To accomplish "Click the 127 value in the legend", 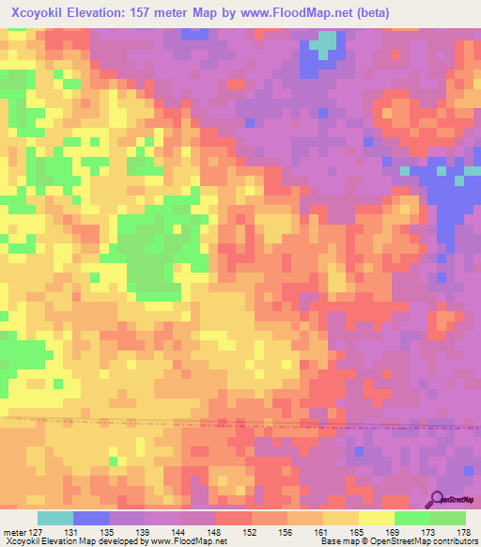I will tap(37, 532).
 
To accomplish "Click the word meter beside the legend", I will tap(14, 532).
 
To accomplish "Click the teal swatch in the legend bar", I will tap(55, 518).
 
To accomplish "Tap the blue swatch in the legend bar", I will tap(91, 518).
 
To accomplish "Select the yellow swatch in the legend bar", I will tap(377, 518).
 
